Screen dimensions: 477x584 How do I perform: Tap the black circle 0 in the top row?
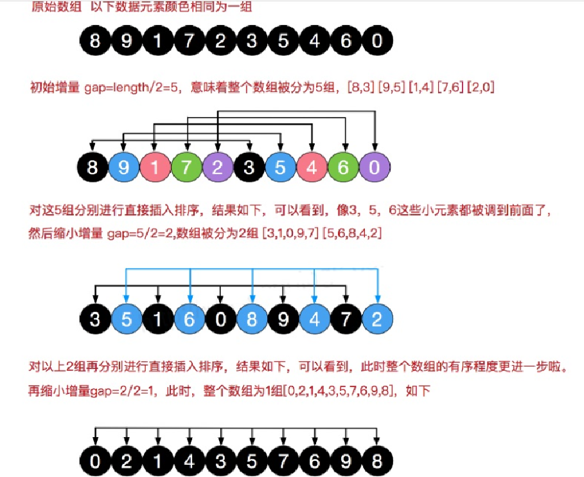tap(376, 41)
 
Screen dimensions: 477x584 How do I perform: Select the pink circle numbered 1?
tap(155, 169)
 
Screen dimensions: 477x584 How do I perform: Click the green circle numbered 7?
tap(186, 169)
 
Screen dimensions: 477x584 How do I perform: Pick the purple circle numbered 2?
tap(218, 169)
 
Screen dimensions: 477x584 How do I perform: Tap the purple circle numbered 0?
tap(376, 169)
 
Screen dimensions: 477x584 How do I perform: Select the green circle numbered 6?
tap(344, 169)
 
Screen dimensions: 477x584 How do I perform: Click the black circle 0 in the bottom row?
tap(95, 462)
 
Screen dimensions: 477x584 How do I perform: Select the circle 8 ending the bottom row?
tap(376, 462)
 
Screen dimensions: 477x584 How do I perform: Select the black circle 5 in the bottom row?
tap(251, 462)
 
